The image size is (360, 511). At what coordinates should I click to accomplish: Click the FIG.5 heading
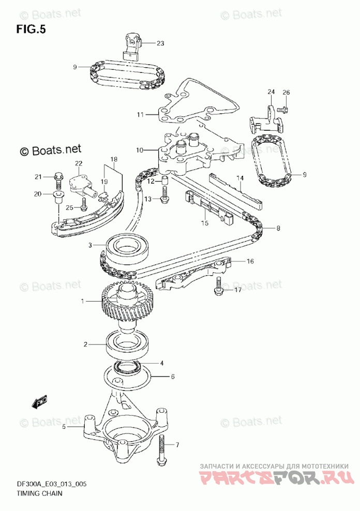(31, 29)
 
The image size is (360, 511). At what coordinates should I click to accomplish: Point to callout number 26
(286, 93)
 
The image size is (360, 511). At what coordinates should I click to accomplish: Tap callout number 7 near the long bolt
(177, 444)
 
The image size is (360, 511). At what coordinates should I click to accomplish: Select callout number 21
(37, 177)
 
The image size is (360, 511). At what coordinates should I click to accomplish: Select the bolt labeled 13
(164, 196)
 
